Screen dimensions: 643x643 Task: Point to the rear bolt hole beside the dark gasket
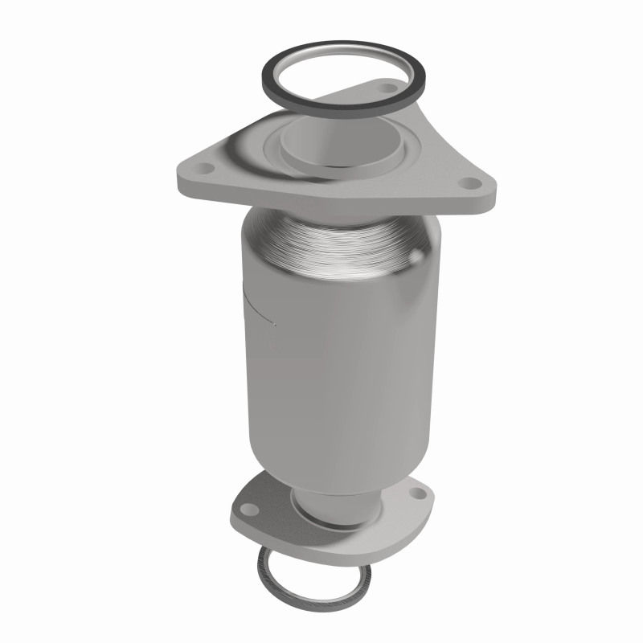[x=394, y=91]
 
